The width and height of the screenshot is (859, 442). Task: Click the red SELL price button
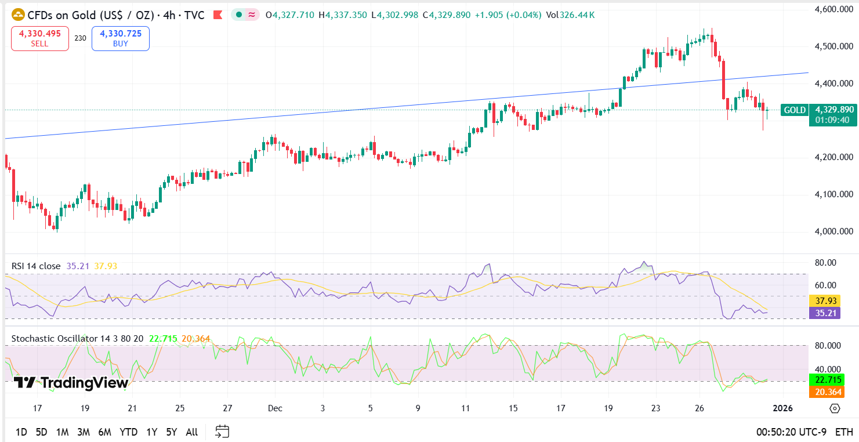pos(40,38)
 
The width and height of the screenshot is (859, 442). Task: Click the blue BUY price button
pos(120,38)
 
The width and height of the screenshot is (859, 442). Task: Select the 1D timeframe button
pos(21,432)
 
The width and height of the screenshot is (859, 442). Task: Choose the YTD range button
pos(128,432)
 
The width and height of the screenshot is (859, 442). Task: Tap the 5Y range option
pos(171,432)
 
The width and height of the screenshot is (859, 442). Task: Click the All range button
pos(192,432)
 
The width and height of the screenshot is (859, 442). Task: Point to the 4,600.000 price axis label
pos(833,9)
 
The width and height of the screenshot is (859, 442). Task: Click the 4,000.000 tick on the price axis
pos(833,231)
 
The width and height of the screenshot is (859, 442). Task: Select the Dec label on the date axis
pos(275,408)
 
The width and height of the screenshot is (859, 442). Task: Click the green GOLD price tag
pos(794,110)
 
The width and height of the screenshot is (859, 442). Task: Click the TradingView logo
pos(71,383)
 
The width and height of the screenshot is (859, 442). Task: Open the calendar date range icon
pos(222,432)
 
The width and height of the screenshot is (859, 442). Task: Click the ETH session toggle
pos(844,432)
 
